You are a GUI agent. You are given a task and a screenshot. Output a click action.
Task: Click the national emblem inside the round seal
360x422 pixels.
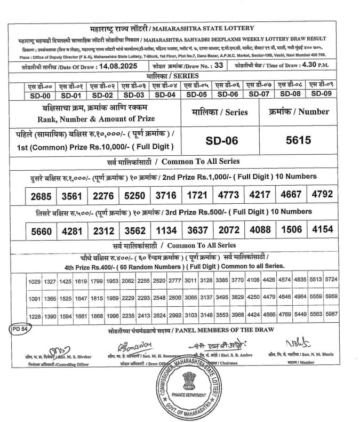190,380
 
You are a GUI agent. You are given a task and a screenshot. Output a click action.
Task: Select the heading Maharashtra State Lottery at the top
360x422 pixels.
217,28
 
